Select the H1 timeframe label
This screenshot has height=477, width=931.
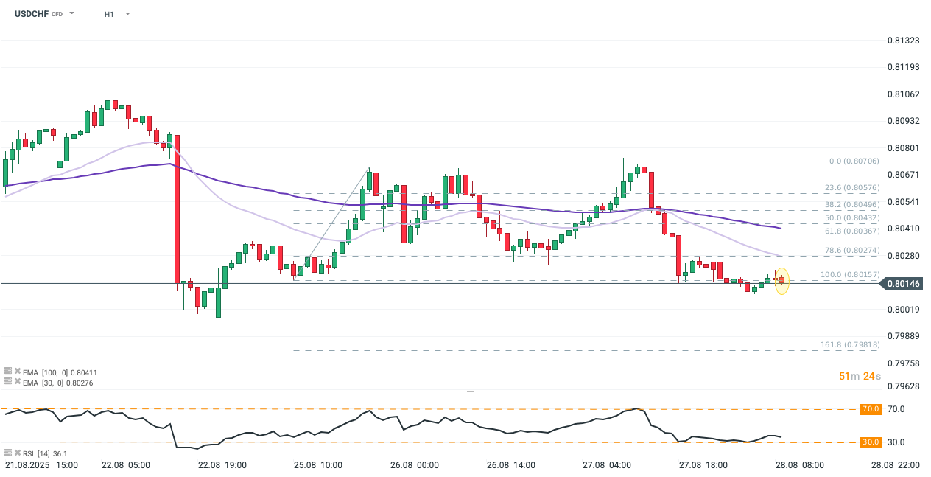(x=109, y=14)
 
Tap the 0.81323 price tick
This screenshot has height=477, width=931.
(x=904, y=40)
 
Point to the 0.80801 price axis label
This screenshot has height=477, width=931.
(x=904, y=147)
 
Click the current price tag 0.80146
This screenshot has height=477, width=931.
(x=904, y=283)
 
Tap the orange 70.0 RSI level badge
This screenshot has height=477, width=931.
(x=870, y=409)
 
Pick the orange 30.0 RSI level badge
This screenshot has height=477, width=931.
(x=870, y=442)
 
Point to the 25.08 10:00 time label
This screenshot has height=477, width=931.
(x=318, y=465)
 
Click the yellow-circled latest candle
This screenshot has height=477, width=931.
(x=781, y=280)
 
